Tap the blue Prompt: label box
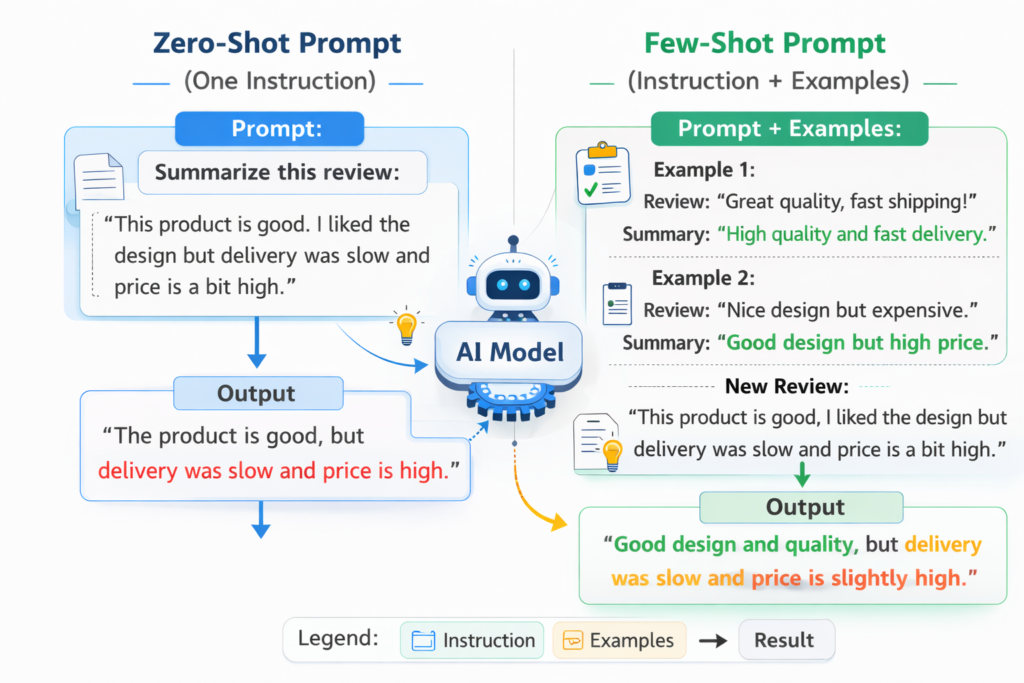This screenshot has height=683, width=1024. pyautogui.click(x=269, y=129)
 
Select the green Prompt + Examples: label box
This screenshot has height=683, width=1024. pyautogui.click(x=789, y=129)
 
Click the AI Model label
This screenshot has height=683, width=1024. pyautogui.click(x=511, y=351)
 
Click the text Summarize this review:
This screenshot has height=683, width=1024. pyautogui.click(x=276, y=173)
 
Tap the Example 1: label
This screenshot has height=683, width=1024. pyautogui.click(x=703, y=169)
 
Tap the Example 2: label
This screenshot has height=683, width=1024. pyautogui.click(x=703, y=277)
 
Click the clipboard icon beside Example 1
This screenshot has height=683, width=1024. pyautogui.click(x=602, y=173)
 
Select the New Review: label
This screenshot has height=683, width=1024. pyautogui.click(x=787, y=386)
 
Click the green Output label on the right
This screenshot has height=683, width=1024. pyautogui.click(x=805, y=507)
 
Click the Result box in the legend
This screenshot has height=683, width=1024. pyautogui.click(x=785, y=640)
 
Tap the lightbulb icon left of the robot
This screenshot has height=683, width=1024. pyautogui.click(x=406, y=326)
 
